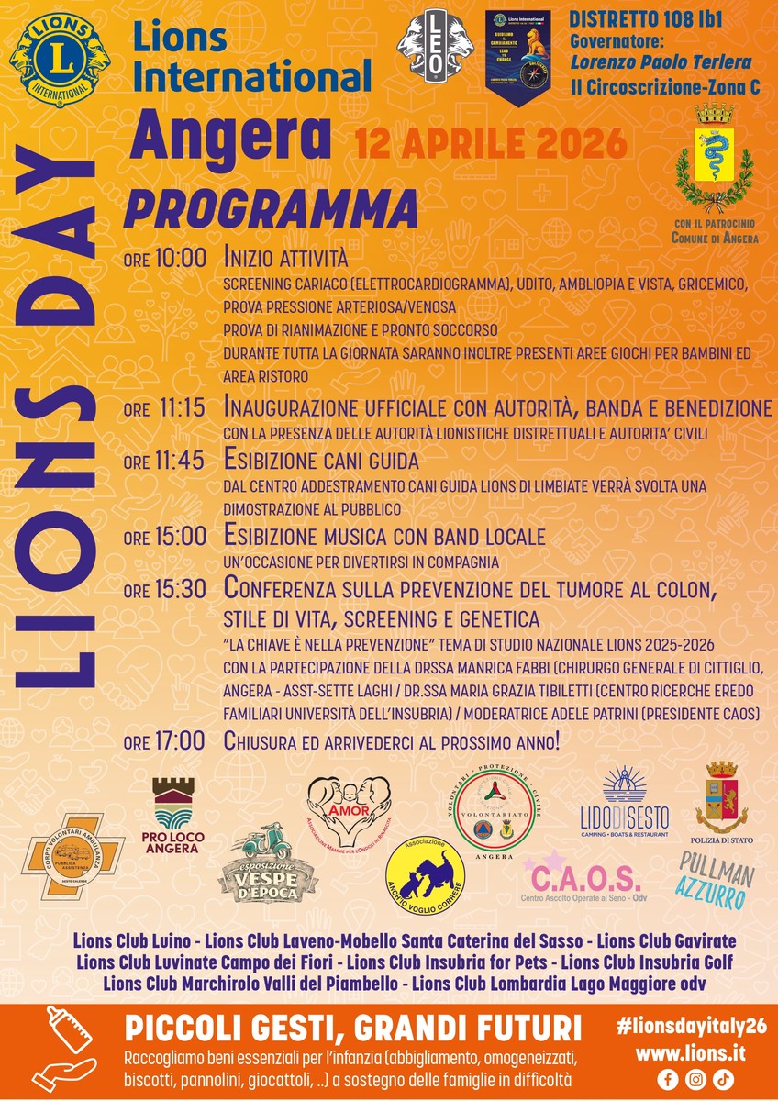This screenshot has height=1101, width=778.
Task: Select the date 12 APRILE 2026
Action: point(491,143)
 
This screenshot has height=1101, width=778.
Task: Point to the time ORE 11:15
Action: point(165,407)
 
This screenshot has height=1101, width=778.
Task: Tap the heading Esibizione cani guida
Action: point(321,461)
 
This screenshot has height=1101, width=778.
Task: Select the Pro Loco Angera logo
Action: point(173,816)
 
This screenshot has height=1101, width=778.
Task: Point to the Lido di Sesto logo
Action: point(625,803)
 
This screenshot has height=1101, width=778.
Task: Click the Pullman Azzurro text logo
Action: point(717,879)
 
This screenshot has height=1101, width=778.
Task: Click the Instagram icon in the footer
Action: point(696,1079)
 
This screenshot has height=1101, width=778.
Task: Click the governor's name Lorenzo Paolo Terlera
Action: point(661,62)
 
